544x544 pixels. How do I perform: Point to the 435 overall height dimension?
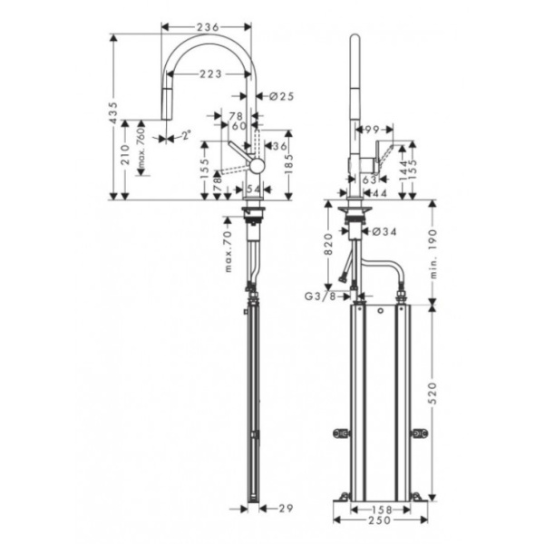click(x=112, y=116)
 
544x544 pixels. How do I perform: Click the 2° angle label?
click(x=185, y=136)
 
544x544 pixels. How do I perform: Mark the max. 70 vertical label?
click(x=230, y=252)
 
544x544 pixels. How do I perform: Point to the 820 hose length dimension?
click(x=332, y=243)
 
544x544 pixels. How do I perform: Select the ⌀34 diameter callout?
click(x=385, y=232)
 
